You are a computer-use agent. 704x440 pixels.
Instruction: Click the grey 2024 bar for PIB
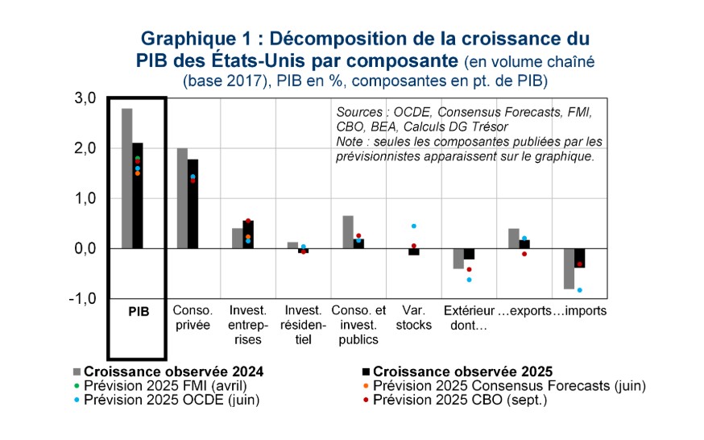127,178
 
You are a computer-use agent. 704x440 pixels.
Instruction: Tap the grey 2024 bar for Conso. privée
182,198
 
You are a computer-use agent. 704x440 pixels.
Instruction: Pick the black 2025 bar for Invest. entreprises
248,235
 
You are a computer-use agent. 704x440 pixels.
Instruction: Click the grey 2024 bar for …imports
569,268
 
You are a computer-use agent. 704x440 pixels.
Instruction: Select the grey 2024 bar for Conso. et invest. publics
348,232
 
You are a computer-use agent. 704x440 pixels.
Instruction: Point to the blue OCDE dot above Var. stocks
414,226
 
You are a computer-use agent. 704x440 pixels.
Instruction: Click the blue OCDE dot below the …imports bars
579,290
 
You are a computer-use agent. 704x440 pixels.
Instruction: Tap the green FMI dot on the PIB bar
138,158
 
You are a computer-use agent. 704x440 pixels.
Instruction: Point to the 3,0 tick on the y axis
86,98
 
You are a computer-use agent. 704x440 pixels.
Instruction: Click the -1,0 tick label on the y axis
85,299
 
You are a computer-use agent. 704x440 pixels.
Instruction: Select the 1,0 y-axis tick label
86,198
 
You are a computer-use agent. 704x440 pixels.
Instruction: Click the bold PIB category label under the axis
138,311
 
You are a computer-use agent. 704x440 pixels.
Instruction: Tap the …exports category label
519,311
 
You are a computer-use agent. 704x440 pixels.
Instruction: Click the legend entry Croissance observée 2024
174,372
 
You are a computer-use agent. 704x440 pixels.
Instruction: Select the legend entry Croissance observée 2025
462,372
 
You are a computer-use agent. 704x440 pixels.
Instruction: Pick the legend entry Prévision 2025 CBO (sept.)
460,399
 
